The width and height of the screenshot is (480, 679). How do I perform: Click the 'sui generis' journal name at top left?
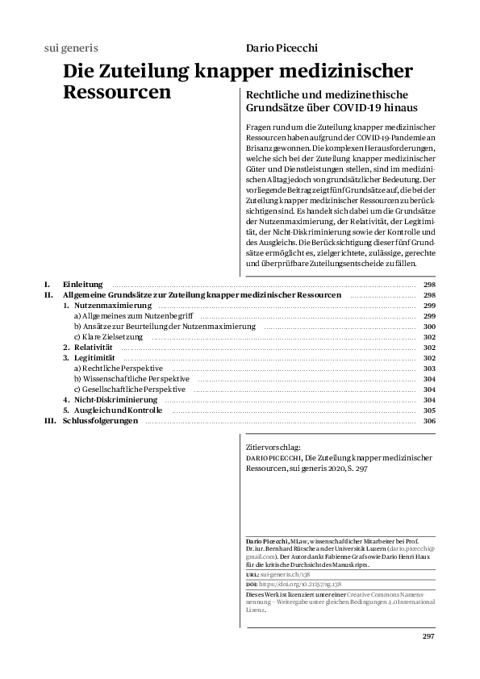pyautogui.click(x=70, y=48)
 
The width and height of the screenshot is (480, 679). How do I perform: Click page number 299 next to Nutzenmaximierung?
pyautogui.click(x=429, y=306)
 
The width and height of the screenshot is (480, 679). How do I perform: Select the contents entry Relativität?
pyautogui.click(x=93, y=348)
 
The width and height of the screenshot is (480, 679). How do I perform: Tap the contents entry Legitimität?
pyautogui.click(x=94, y=358)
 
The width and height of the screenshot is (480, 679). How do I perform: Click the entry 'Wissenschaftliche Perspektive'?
pyautogui.click(x=131, y=379)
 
